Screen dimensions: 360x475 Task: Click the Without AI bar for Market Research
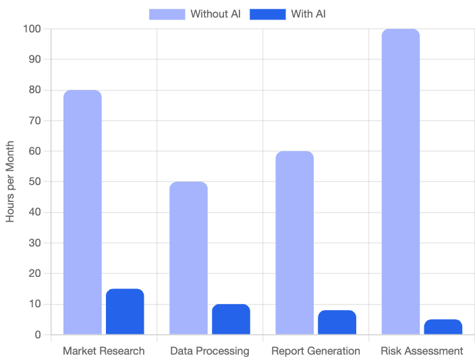pos(82,212)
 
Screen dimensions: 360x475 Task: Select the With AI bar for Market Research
pos(125,311)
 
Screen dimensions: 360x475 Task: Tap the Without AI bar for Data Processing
pos(188,258)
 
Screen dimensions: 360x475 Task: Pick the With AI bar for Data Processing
pos(231,319)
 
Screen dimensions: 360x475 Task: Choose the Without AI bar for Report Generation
pos(294,242)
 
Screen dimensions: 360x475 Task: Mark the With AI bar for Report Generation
pos(337,322)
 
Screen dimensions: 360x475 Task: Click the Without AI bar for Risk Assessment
pos(400,182)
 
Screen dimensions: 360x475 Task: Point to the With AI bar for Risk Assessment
pos(443,327)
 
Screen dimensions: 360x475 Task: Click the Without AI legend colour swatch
pos(167,14)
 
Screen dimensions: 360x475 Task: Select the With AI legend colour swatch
pos(267,14)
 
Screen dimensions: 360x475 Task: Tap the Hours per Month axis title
pos(11,182)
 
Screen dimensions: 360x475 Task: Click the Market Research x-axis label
pos(103,351)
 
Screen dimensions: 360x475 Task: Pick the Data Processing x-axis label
pos(209,351)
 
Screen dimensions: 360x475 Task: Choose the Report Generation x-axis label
pos(316,351)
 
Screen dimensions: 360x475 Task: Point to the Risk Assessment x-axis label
pos(422,351)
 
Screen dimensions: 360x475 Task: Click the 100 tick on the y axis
pos(32,29)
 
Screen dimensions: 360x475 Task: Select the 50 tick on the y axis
pos(34,182)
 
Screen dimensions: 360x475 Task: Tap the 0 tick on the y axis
pos(38,335)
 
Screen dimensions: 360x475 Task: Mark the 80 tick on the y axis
pos(34,90)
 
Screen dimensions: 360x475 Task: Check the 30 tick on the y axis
pos(34,243)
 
